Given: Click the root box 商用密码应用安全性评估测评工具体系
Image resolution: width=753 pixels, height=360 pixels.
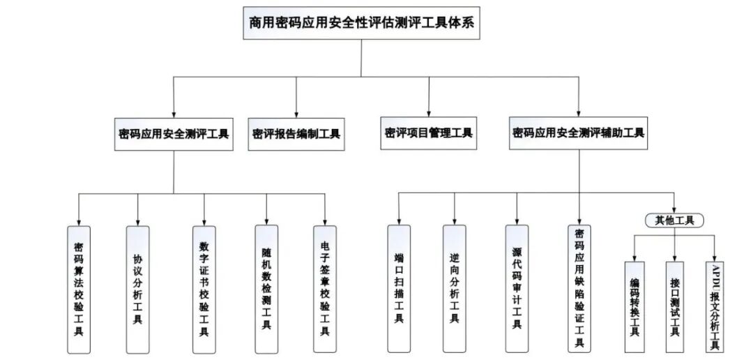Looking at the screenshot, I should pyautogui.click(x=361, y=22).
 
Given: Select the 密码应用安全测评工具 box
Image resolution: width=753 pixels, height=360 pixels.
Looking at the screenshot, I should pyautogui.click(x=174, y=134).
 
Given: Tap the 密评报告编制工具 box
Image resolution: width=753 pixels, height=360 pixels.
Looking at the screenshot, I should pyautogui.click(x=296, y=134).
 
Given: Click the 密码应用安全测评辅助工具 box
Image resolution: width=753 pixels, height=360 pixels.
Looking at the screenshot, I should pyautogui.click(x=578, y=133).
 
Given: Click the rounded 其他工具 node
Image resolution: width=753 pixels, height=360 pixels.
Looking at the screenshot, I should pyautogui.click(x=674, y=220).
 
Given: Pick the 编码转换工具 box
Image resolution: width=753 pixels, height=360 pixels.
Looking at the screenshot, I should pyautogui.click(x=634, y=307).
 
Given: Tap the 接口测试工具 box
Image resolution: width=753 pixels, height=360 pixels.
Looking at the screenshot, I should pyautogui.click(x=675, y=307).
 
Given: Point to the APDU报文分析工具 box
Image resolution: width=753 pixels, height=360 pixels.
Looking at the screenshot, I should pyautogui.click(x=715, y=307).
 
